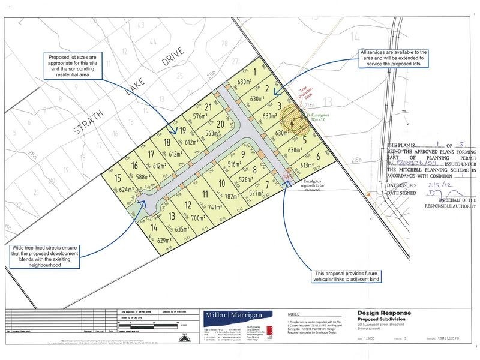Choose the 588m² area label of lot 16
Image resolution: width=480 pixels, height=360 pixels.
144,178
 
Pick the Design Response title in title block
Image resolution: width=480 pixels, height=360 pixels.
383,312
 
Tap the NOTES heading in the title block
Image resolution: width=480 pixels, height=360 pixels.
297,313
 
